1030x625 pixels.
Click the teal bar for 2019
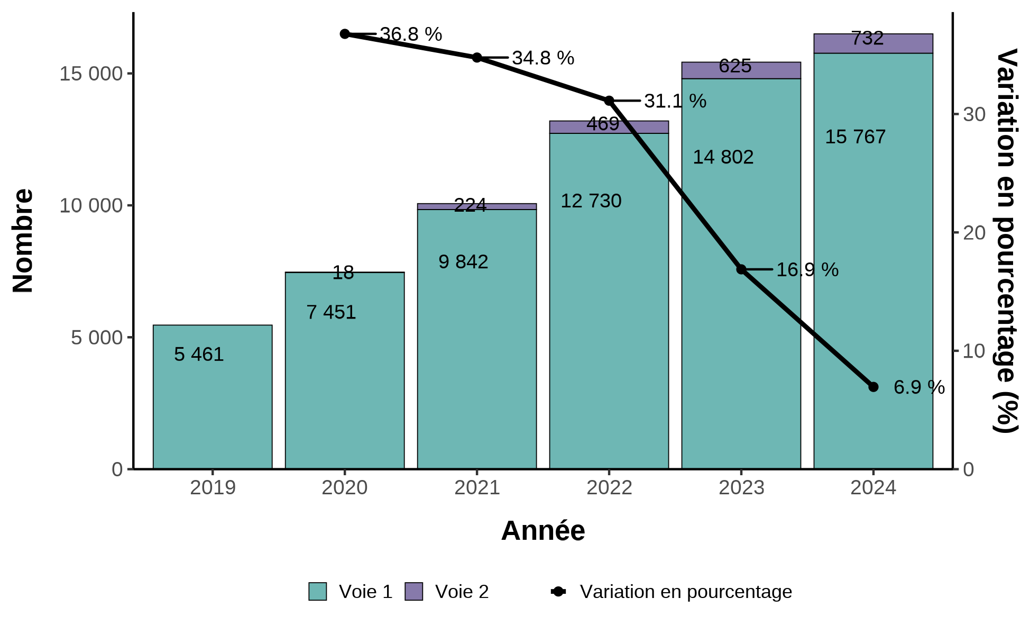click(213, 397)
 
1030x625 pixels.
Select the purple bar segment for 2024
click(873, 44)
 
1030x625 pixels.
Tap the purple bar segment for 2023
click(741, 70)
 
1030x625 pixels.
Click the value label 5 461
click(199, 354)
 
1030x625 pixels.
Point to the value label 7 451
click(331, 312)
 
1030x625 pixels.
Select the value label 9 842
click(463, 262)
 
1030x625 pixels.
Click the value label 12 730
click(591, 201)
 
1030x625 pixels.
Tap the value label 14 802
click(723, 157)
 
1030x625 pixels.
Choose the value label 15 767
click(855, 137)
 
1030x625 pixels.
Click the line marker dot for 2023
click(741, 269)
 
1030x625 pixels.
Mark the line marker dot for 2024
click(873, 387)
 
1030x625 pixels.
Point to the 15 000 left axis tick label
click(91, 74)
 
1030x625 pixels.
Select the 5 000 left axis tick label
click(97, 338)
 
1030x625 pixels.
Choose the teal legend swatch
click(318, 591)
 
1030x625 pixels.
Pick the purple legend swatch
click(414, 591)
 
